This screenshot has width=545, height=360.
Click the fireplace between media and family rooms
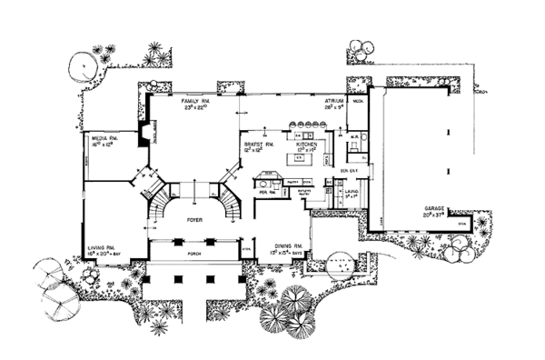144,135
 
